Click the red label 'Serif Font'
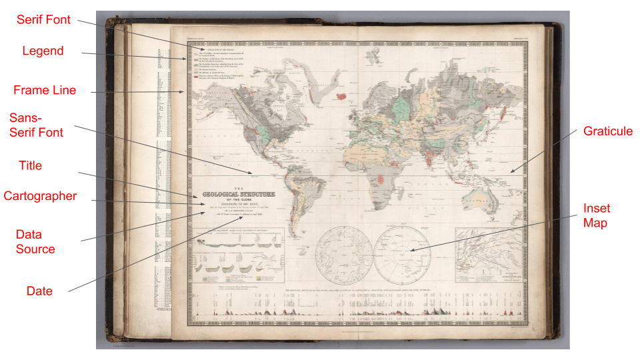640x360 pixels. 43,20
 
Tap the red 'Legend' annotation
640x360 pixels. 43,51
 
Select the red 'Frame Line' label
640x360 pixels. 45,90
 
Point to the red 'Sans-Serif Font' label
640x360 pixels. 37,125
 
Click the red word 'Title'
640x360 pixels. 30,165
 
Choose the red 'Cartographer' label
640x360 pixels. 40,196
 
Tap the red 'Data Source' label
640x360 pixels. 35,241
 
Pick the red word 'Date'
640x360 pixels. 39,291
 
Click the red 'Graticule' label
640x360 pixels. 607,131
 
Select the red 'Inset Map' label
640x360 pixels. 595,215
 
